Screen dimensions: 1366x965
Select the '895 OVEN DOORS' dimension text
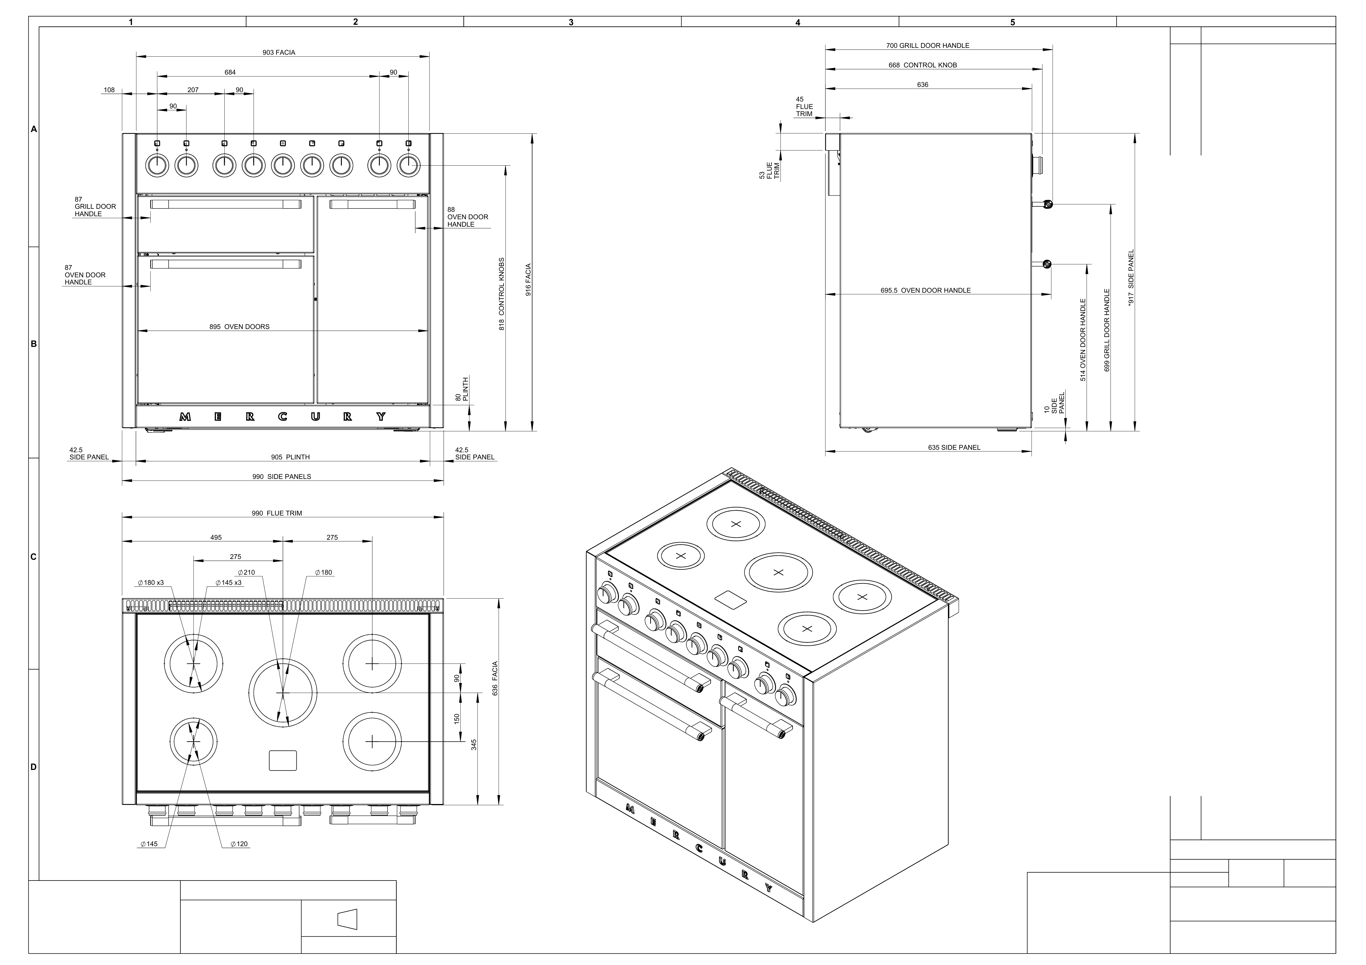click(239, 327)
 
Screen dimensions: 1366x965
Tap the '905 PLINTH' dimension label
click(290, 457)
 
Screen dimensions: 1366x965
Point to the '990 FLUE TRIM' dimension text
click(277, 513)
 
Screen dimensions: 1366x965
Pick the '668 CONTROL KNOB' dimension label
click(923, 65)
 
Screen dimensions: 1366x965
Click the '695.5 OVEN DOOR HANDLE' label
click(926, 290)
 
